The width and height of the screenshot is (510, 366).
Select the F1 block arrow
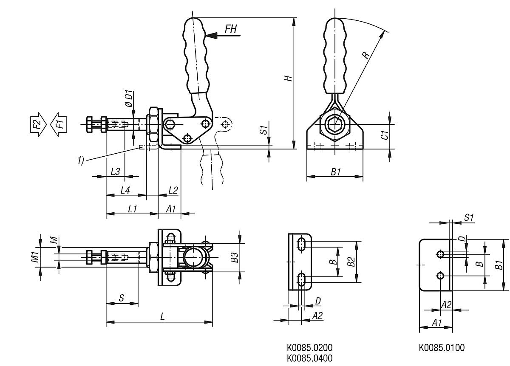pos(58,124)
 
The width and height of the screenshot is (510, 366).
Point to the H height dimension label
pos(288,79)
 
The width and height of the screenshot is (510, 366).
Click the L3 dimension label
pos(115,171)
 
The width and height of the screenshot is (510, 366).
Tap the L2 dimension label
pos(173,191)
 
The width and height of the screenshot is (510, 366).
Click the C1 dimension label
pos(383,135)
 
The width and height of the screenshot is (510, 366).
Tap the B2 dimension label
pos(351,262)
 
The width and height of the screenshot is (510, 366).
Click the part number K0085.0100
pos(442,348)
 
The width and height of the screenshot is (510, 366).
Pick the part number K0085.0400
pos(309,358)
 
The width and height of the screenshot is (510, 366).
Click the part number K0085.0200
pos(309,348)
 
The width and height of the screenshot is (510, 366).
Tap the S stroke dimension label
pos(122,298)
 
